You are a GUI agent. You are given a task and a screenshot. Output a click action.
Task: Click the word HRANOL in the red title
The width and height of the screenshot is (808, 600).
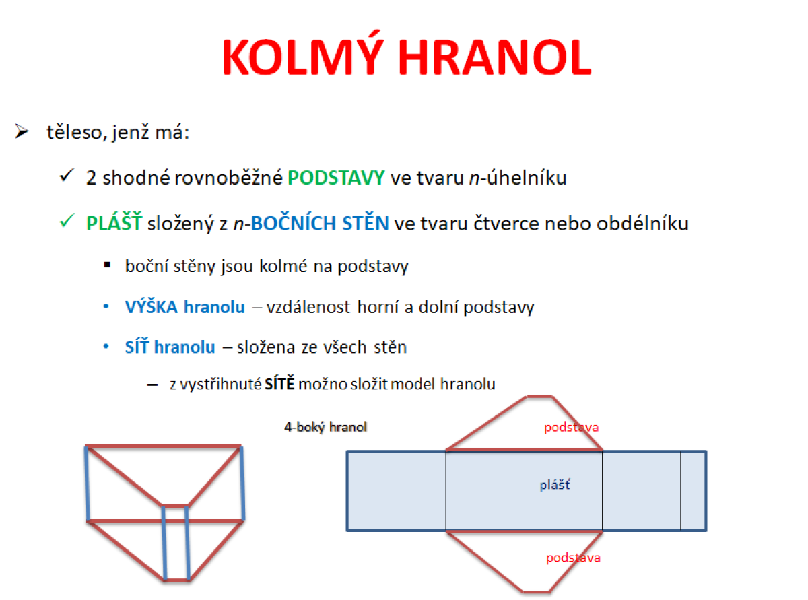495,57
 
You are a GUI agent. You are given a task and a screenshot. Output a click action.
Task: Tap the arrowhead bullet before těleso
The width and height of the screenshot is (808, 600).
22,131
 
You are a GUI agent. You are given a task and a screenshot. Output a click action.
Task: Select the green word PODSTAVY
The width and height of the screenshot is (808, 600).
336,178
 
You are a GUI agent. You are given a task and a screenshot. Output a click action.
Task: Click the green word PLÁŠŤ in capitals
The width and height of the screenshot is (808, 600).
114,223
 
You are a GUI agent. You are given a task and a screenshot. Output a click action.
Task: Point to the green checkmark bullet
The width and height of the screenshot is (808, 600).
67,221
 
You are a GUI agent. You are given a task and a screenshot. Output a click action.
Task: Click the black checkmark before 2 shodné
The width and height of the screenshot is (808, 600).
67,175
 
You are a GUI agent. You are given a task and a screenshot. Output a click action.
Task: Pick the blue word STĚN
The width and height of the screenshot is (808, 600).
366,223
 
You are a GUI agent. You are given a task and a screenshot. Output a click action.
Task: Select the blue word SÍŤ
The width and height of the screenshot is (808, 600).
137,346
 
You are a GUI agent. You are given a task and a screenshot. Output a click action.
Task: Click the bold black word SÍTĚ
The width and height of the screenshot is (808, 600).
279,383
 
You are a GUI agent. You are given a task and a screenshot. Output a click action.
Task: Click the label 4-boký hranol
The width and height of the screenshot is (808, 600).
325,426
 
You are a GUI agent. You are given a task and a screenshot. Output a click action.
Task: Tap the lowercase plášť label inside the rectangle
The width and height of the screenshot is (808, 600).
554,485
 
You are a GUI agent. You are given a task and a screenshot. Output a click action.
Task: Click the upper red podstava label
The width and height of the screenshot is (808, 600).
571,427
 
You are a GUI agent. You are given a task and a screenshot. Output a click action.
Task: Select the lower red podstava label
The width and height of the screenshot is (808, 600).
573,558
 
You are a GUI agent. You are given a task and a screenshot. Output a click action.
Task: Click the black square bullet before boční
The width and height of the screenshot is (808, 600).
107,265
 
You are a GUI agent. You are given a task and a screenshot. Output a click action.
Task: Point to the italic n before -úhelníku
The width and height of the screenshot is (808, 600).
474,178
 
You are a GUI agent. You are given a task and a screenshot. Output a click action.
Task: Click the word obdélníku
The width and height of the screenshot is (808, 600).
642,223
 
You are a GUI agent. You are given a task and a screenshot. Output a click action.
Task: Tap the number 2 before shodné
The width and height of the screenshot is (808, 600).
91,178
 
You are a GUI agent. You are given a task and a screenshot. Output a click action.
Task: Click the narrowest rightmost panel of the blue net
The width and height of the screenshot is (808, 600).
694,491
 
